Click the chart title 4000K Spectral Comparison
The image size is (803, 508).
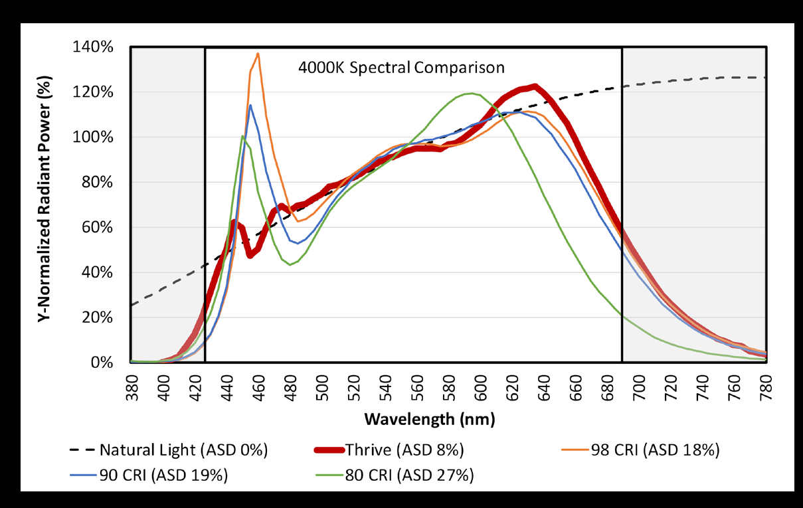point(401,67)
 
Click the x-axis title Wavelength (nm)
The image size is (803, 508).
point(429,420)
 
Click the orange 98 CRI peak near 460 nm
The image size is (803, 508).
point(258,54)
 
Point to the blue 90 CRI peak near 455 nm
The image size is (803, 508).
point(250,105)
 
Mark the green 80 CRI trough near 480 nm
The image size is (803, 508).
point(290,265)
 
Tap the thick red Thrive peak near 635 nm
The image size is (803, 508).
point(534,86)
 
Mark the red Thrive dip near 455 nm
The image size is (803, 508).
point(250,255)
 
